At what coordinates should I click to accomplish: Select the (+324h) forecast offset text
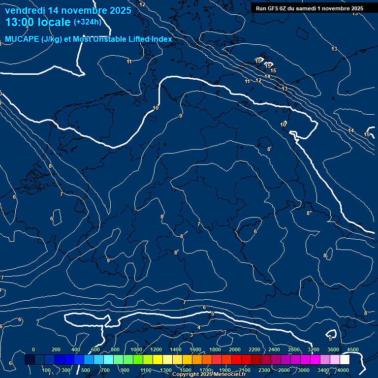(87, 22)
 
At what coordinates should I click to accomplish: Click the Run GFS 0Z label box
(310, 8)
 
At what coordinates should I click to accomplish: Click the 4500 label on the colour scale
(353, 349)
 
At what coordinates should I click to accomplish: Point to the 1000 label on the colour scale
(136, 349)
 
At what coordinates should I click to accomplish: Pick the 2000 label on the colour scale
(235, 349)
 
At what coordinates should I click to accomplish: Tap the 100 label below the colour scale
(46, 370)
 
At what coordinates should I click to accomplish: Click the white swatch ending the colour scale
(345, 360)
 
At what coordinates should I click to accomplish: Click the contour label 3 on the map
(191, 335)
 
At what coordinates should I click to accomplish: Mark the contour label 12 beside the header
(143, 4)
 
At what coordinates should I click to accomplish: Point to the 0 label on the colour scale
(33, 349)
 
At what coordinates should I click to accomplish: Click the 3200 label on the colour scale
(314, 349)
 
